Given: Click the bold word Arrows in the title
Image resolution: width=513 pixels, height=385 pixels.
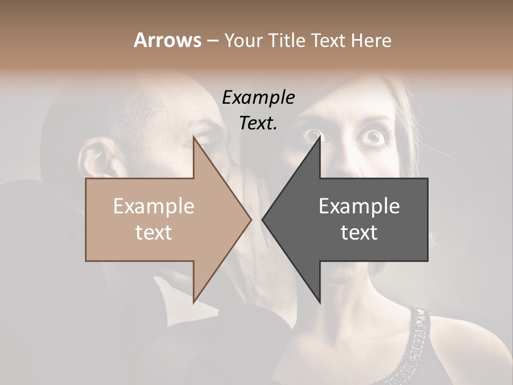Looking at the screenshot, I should coord(168,40).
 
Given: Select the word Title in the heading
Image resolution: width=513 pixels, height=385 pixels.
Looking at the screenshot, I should coord(286,40).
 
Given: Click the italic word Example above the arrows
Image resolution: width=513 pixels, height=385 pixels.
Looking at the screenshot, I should coord(259,97).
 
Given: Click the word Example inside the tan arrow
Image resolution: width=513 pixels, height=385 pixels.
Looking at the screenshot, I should coord(154,206).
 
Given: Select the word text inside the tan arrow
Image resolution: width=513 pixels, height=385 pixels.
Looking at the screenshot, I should coord(154,233).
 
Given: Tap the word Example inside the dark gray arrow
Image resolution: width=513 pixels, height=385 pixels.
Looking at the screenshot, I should coord(359,206).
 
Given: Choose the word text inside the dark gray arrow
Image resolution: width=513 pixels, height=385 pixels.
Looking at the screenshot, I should coord(359,233).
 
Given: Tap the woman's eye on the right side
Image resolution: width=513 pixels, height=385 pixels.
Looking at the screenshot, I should coord(375,137).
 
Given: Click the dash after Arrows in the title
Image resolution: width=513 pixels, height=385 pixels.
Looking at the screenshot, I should coord(212,41).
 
